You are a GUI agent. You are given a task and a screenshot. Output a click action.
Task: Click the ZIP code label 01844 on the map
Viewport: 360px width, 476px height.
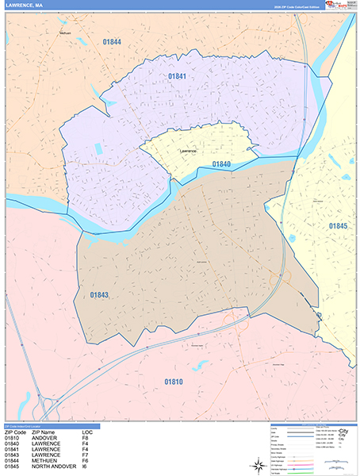(112, 40)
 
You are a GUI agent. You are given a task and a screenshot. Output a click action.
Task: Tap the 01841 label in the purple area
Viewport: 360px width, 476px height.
(176, 76)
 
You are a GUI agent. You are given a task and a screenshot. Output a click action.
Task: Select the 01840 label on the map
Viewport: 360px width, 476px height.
(221, 163)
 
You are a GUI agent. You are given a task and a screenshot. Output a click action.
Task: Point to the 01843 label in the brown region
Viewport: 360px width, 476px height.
(98, 295)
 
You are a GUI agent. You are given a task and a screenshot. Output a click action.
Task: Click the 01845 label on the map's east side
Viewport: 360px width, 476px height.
(339, 226)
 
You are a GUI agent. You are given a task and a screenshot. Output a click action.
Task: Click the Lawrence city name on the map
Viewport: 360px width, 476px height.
(187, 150)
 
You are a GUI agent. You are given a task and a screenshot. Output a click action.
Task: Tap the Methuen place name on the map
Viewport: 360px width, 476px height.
(65, 33)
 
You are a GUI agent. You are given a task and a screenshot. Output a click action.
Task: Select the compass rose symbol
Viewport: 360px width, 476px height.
(319, 317)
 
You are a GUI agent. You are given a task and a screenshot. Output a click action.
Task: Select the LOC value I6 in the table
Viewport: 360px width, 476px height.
(85, 466)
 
